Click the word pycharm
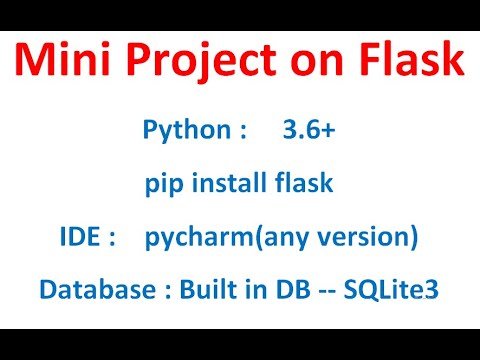click(x=191, y=240)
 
